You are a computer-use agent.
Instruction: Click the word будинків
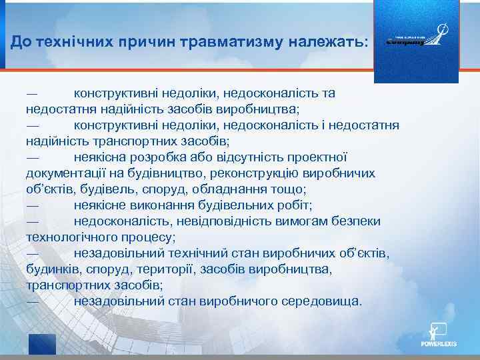pyautogui.click(x=53, y=269)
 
